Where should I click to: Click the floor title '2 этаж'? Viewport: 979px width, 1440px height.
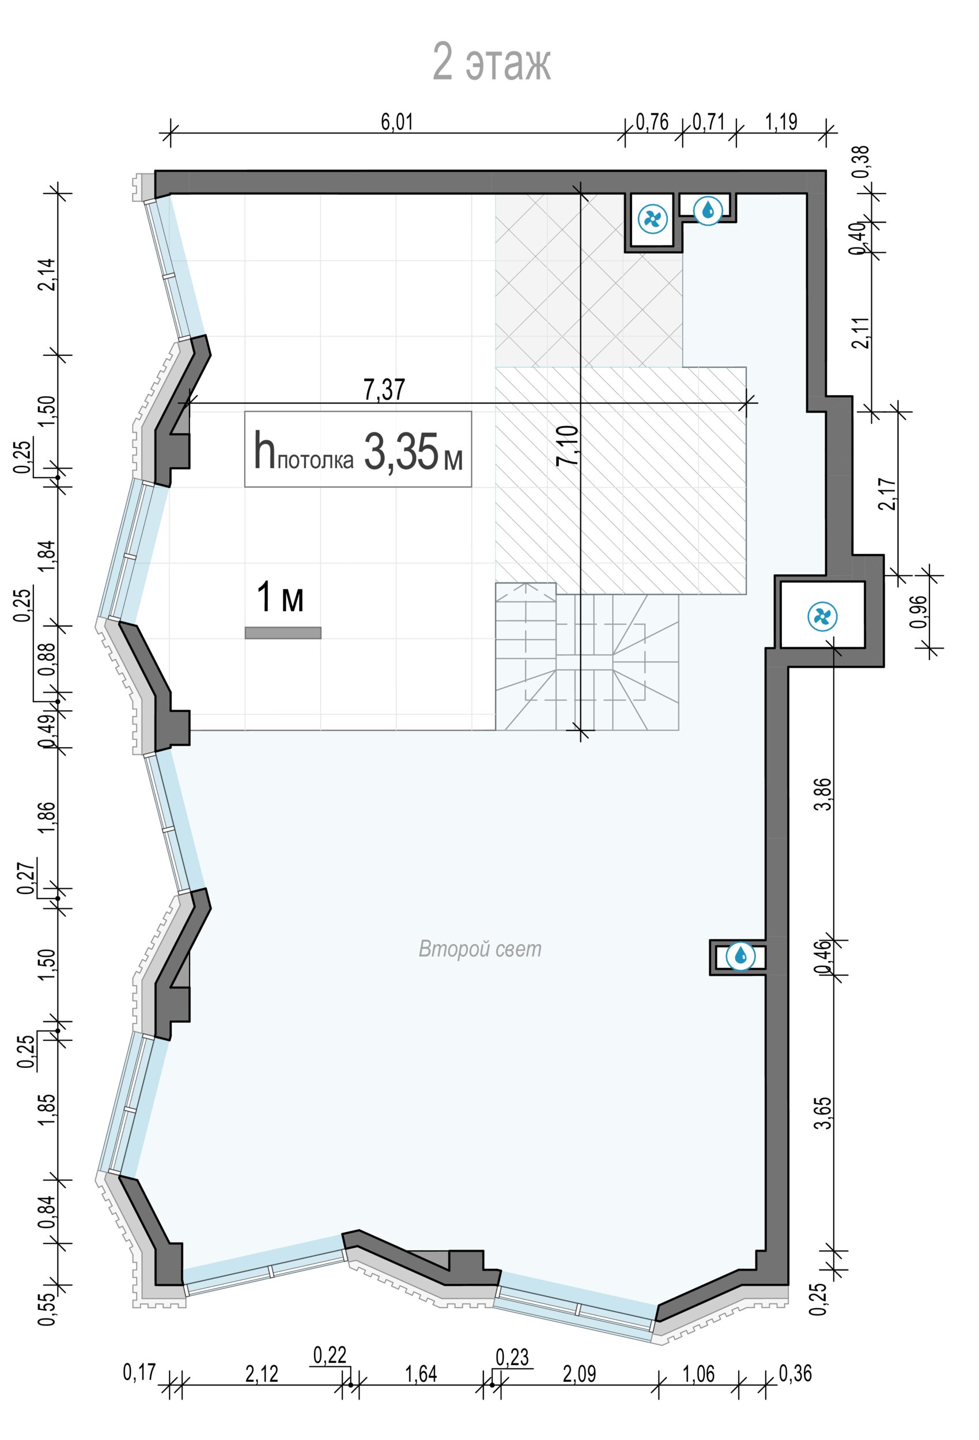491,62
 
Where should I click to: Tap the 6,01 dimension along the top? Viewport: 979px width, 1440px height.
397,122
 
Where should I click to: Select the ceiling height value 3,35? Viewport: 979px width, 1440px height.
400,452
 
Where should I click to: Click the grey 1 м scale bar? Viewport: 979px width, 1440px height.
283,632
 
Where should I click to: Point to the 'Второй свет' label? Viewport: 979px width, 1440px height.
480,948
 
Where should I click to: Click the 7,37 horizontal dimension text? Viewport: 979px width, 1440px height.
384,389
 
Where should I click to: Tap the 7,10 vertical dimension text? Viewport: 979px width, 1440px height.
568,446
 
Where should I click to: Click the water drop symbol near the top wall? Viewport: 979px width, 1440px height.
708,210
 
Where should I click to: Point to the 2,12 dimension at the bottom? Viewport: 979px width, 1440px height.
262,1374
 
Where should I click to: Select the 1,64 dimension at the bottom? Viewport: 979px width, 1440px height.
421,1374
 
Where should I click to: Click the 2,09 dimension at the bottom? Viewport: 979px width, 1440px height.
580,1374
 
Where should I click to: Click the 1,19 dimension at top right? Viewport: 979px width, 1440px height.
781,122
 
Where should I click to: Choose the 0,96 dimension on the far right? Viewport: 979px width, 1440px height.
919,612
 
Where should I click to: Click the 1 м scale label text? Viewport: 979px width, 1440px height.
280,597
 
